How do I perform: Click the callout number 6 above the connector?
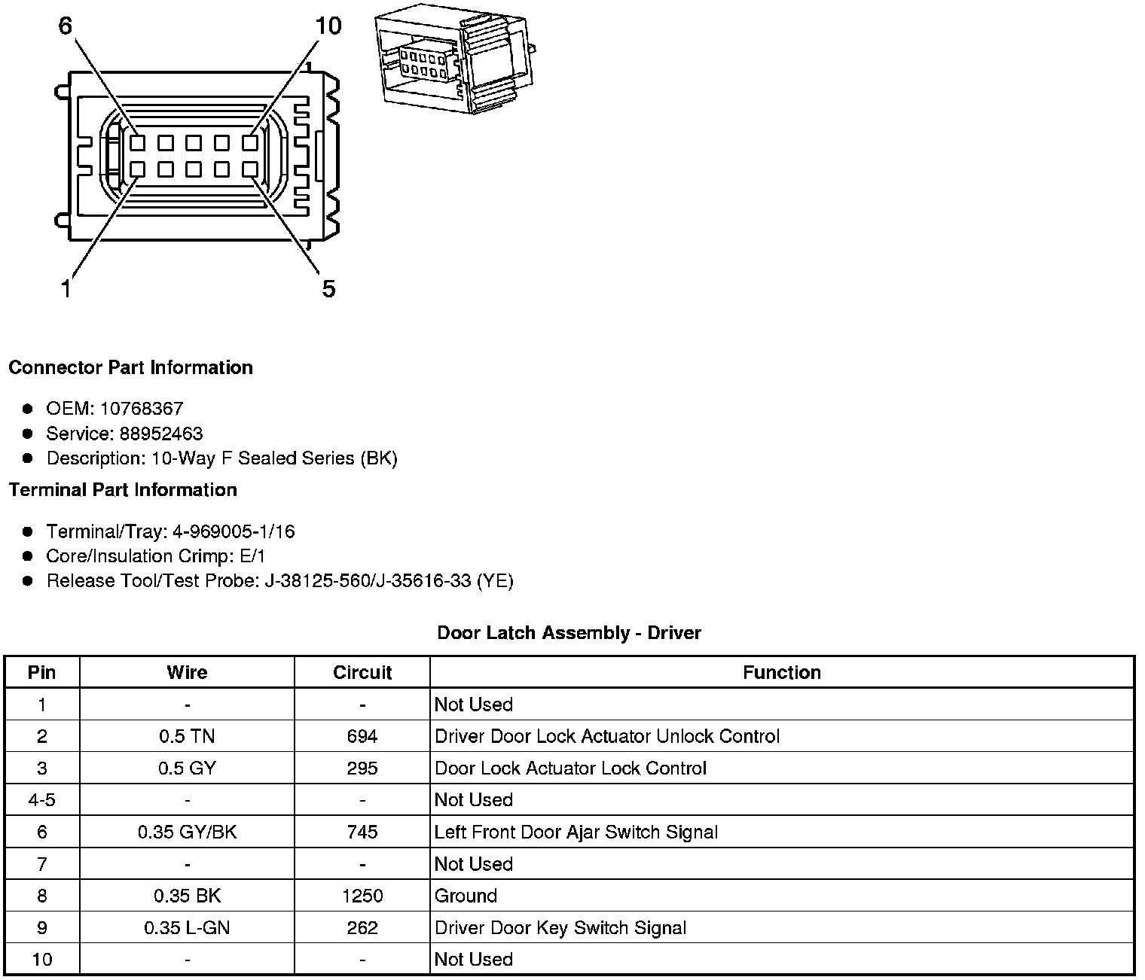(66, 26)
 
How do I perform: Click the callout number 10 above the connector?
(328, 26)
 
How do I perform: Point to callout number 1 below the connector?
(66, 288)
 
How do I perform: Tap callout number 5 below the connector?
(328, 288)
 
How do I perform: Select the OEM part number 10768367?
(142, 409)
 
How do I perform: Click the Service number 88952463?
(160, 434)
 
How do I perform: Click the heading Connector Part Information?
(130, 367)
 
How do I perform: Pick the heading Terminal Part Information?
(123, 490)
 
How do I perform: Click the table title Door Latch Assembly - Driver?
(569, 633)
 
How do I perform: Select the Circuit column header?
(362, 672)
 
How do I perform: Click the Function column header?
(781, 672)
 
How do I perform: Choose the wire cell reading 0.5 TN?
(187, 736)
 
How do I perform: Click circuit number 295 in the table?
(362, 768)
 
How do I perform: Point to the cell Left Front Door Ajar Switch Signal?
(576, 832)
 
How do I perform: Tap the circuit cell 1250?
(362, 896)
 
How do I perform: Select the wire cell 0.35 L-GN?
(187, 928)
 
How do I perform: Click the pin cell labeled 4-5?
(41, 800)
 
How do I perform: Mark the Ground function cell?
(466, 896)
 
